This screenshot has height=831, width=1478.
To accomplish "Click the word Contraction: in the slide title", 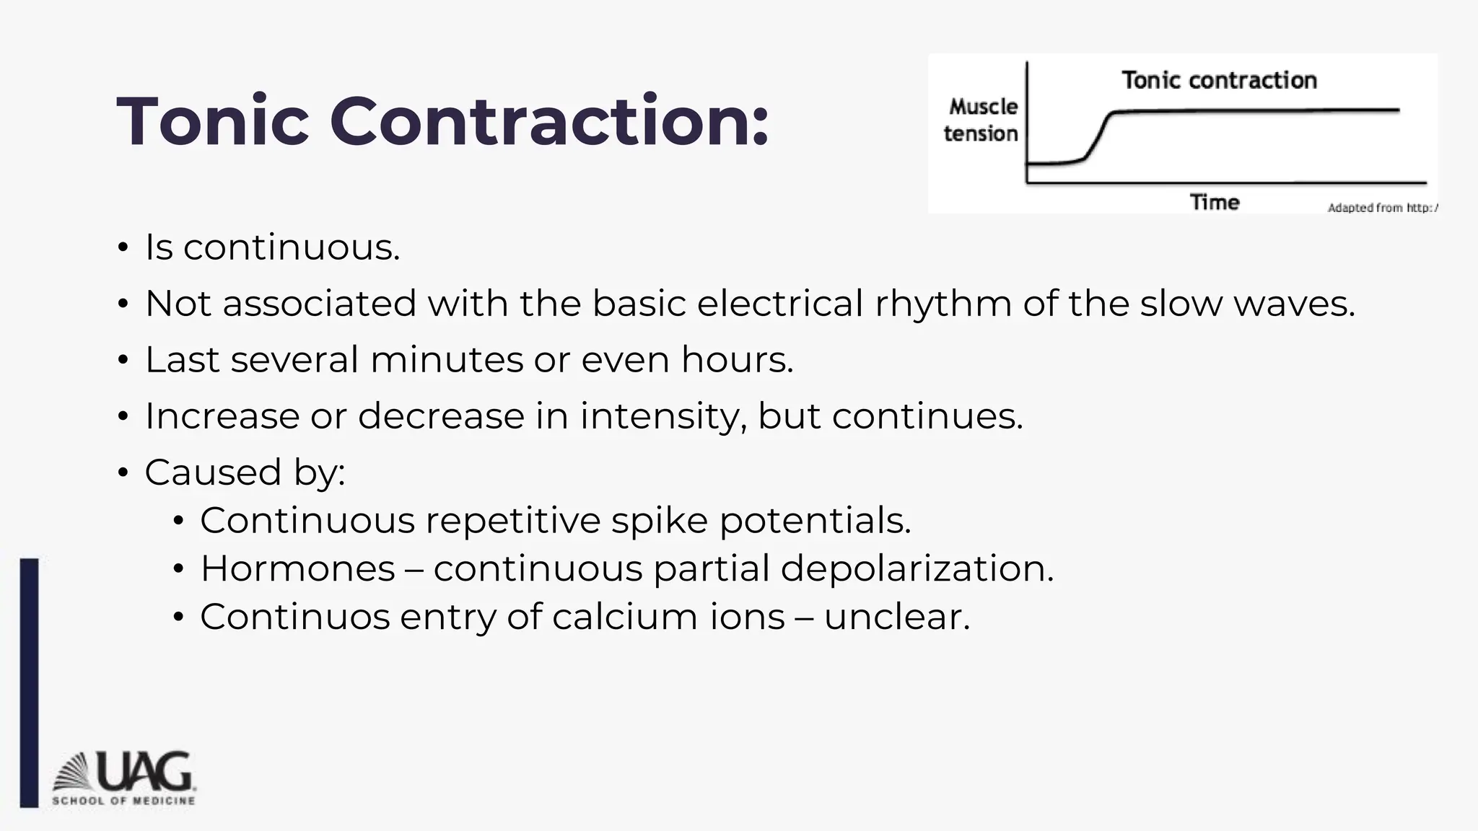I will (x=549, y=121).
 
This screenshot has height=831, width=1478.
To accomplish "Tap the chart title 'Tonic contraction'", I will (x=1219, y=80).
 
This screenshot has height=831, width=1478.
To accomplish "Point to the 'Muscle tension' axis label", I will (x=981, y=120).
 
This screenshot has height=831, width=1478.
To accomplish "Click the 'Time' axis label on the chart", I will (x=1215, y=202).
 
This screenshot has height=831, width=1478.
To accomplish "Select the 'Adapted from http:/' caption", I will (x=1382, y=208).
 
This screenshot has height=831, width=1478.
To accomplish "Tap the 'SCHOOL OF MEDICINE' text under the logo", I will (x=123, y=801).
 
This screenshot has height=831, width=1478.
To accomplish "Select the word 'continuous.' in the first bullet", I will (x=292, y=247).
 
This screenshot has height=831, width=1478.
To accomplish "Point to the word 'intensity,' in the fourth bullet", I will (x=663, y=416).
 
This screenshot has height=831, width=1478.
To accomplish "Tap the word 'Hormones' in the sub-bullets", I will (x=297, y=568).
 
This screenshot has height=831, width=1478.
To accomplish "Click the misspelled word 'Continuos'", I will (x=294, y=617).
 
